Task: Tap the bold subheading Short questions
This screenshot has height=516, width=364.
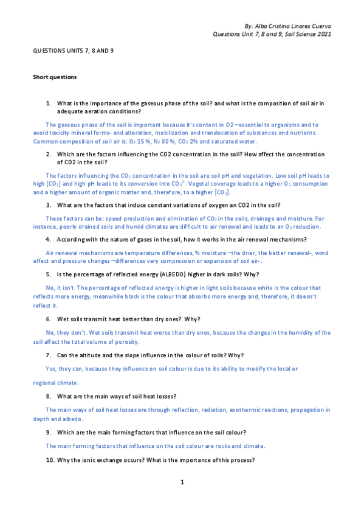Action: click(x=55, y=77)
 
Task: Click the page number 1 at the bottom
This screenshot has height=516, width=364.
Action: click(x=182, y=483)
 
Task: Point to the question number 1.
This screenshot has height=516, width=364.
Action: click(x=48, y=104)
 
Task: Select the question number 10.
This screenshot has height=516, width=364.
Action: click(x=49, y=461)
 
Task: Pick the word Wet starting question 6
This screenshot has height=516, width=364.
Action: click(x=63, y=319)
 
